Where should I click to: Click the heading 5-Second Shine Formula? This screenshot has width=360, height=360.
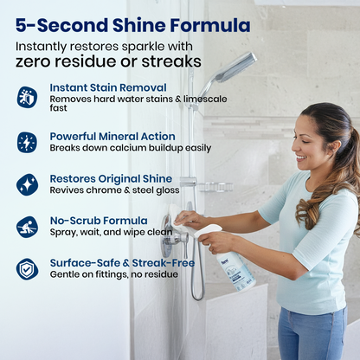pyautogui.click(x=132, y=25)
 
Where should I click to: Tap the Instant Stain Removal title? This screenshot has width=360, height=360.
pyautogui.click(x=108, y=87)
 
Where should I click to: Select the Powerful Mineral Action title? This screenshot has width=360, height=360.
pyautogui.click(x=112, y=136)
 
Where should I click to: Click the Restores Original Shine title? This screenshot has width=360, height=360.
pyautogui.click(x=111, y=178)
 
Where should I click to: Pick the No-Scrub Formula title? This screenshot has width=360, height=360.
pyautogui.click(x=99, y=221)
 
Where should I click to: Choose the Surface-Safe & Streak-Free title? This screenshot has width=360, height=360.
pyautogui.click(x=122, y=263)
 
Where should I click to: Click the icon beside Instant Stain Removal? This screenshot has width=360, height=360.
pyautogui.click(x=27, y=98)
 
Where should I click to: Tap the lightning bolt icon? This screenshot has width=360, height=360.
pyautogui.click(x=27, y=143)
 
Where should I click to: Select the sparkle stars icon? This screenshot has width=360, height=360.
pyautogui.click(x=27, y=185)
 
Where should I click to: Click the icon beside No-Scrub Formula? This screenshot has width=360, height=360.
pyautogui.click(x=27, y=228)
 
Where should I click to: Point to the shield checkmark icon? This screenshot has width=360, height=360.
pyautogui.click(x=27, y=269)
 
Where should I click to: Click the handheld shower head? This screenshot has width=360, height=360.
pyautogui.click(x=228, y=71)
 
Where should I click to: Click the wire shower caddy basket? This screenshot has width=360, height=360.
pyautogui.click(x=216, y=187)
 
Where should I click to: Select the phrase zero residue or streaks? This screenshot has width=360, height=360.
pyautogui.click(x=108, y=61)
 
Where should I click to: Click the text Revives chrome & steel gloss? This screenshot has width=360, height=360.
pyautogui.click(x=114, y=190)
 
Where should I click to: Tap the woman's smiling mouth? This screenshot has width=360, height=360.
pyautogui.click(x=301, y=157)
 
